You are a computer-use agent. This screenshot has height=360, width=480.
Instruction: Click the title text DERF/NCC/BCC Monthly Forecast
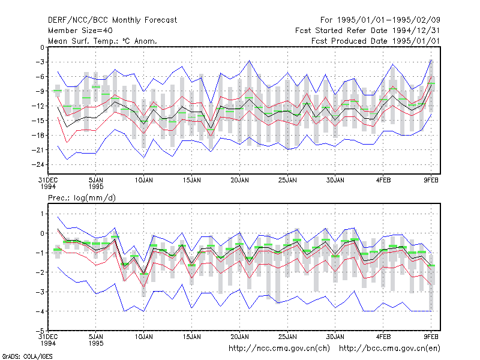pos(112,20)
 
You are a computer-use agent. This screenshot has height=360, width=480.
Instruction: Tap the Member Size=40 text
pos(80,31)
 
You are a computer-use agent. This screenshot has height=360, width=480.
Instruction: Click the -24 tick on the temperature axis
pos(38,164)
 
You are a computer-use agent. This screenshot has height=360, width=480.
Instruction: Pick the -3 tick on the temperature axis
pos(40,62)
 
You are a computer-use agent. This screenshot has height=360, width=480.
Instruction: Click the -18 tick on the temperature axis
pos(38,136)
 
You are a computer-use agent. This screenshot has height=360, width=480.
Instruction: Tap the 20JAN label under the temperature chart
pos(239,181)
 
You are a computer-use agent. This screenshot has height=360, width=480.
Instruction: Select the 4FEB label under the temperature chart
pos(383,181)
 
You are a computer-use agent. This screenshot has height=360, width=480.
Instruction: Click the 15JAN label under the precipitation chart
pos(192,337)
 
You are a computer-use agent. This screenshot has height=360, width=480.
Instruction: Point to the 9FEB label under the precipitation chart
pos(431,337)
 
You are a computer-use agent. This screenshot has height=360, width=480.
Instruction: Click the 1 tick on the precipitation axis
pos(42,214)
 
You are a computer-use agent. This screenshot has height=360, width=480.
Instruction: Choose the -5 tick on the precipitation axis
pos(40,331)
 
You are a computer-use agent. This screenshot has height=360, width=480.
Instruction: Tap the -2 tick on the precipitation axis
pos(40,272)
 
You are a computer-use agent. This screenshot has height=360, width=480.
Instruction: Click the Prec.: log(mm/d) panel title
pos(82,198)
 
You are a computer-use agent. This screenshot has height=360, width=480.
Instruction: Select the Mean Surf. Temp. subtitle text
pos(103,41)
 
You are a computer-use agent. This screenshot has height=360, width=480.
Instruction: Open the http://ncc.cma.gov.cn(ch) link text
pos(279,349)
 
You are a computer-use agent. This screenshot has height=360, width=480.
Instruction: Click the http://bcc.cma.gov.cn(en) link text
pos(389,349)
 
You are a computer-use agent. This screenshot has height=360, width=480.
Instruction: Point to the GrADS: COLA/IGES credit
pos(27,356)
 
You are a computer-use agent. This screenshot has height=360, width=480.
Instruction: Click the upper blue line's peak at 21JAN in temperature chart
pos(250,61)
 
